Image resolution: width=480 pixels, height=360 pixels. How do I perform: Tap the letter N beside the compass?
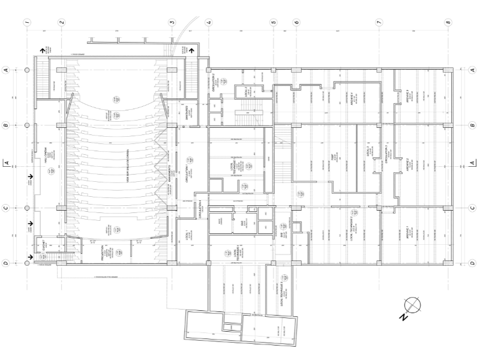point(404,319)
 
